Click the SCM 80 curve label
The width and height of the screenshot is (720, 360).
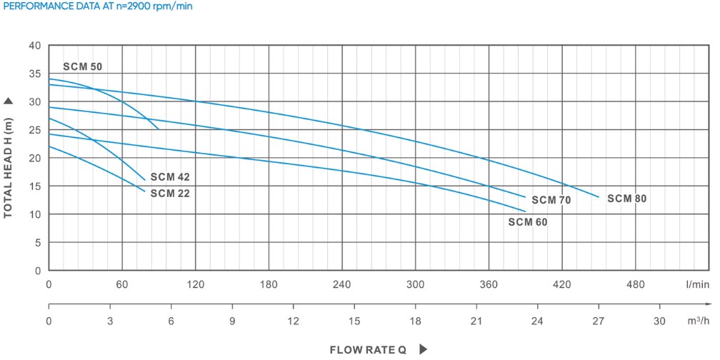click(x=626, y=199)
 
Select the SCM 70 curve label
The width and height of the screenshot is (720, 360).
click(x=551, y=200)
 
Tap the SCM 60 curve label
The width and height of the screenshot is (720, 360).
click(x=528, y=221)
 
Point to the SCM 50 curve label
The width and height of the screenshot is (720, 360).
click(x=83, y=66)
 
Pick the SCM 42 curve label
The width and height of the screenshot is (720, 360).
click(x=170, y=176)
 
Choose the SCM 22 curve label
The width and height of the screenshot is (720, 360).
click(x=170, y=193)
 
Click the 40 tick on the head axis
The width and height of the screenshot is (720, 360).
click(x=34, y=46)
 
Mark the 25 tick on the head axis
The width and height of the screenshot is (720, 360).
click(x=34, y=130)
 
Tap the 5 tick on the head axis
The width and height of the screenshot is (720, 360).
click(x=37, y=243)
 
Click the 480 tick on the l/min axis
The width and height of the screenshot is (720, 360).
click(x=635, y=284)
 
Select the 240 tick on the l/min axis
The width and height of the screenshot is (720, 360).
click(x=342, y=284)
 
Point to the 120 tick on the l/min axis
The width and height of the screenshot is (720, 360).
click(x=196, y=284)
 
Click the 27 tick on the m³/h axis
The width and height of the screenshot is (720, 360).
click(x=598, y=321)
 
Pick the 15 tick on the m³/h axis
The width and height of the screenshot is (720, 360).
click(x=354, y=321)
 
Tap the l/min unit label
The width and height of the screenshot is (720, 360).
click(x=697, y=284)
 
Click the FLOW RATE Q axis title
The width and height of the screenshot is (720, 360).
click(x=368, y=350)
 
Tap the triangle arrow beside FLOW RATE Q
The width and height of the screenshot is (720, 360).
click(x=423, y=350)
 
